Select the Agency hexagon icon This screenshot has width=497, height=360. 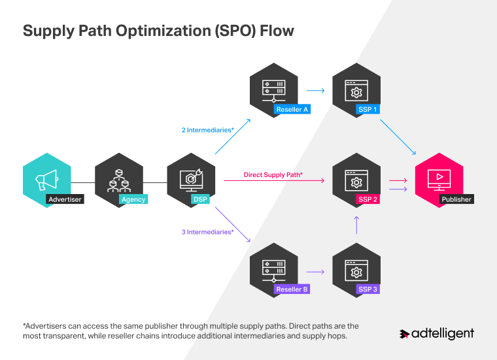119,181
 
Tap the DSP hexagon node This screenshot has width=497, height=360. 191,181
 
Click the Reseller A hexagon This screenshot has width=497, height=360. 273,90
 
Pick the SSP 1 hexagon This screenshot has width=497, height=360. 356,90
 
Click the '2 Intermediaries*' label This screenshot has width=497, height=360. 207,130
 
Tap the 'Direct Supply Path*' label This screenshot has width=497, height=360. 273,175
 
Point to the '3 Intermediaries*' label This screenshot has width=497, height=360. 207,232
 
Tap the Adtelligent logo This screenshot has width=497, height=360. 436,334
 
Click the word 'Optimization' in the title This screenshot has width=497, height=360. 153,31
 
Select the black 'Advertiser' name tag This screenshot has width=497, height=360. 65,199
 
